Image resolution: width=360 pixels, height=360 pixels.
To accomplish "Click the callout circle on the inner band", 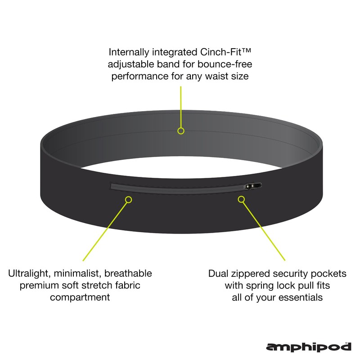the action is click(x=181, y=131).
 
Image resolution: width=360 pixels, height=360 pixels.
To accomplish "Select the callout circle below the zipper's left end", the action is click(x=129, y=198).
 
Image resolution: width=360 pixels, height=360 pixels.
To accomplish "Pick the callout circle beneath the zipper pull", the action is click(x=242, y=198).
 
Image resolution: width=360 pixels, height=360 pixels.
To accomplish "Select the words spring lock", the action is click(x=264, y=285).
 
